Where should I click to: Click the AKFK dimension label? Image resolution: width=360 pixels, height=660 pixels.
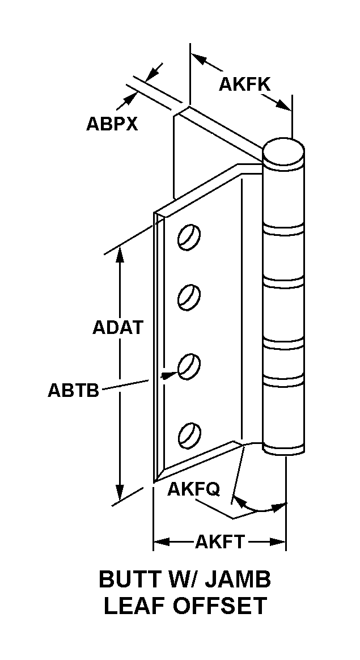tap(245, 84)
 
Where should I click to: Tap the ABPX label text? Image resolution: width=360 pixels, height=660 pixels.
tap(112, 124)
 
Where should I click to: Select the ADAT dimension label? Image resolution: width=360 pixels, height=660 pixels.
tap(117, 328)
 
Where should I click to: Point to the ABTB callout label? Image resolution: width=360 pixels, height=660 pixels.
tap(73, 390)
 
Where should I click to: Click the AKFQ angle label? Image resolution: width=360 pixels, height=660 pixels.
tap(193, 489)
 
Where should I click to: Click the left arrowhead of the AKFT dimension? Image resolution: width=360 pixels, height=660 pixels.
tap(159, 543)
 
